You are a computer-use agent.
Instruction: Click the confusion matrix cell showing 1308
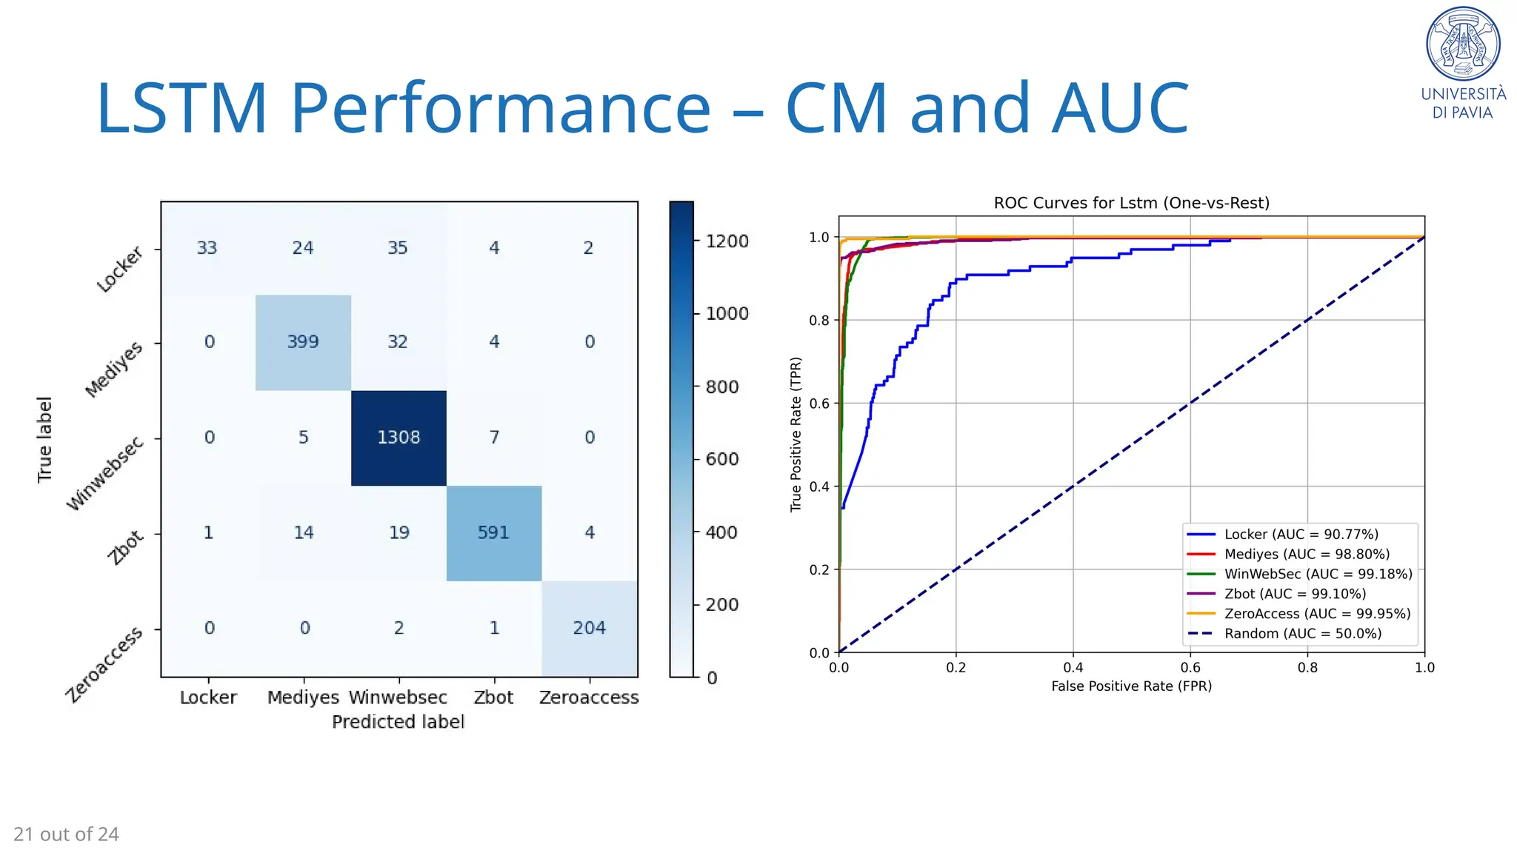pos(399,438)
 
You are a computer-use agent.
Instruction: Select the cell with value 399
pos(303,342)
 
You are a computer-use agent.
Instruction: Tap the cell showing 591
pos(493,532)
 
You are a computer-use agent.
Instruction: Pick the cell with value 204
pos(589,628)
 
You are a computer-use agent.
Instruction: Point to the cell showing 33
pos(207,248)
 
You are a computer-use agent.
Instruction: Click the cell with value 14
pos(304,532)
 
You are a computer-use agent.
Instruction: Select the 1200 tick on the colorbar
pos(727,241)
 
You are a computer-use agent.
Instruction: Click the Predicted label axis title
pos(398,722)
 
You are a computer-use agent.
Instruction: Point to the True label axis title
pos(45,440)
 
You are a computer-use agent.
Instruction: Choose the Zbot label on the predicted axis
pos(493,698)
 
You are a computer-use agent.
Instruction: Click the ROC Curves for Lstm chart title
pos(1131,203)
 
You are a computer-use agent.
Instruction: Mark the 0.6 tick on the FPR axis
pos(1190,668)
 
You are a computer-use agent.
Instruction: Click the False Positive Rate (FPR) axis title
pos(1131,686)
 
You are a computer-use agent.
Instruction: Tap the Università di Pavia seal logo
pos(1463,44)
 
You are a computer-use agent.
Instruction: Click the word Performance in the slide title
pos(500,108)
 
